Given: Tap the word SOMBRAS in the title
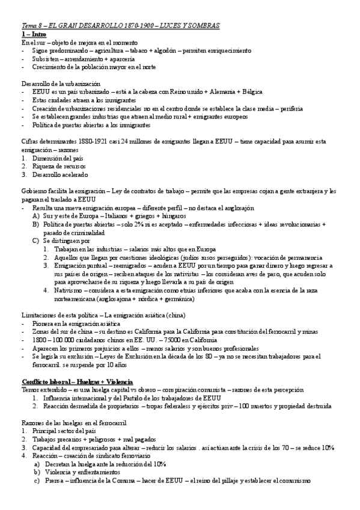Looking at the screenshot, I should pyautogui.click(x=204, y=26).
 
